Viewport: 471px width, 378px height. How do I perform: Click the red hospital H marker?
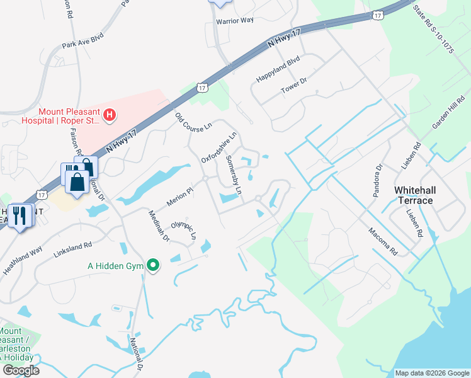(110, 115)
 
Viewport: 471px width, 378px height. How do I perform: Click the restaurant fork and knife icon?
(20, 216)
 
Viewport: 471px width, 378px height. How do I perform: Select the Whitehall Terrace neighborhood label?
(414, 195)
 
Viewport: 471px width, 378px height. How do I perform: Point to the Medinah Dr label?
(159, 226)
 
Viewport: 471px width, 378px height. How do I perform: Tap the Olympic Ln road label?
(184, 231)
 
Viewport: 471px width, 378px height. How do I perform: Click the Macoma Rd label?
(383, 241)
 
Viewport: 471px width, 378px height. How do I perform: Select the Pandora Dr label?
(377, 181)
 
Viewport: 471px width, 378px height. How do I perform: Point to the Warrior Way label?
(234, 21)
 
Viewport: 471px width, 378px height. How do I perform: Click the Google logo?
(21, 370)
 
